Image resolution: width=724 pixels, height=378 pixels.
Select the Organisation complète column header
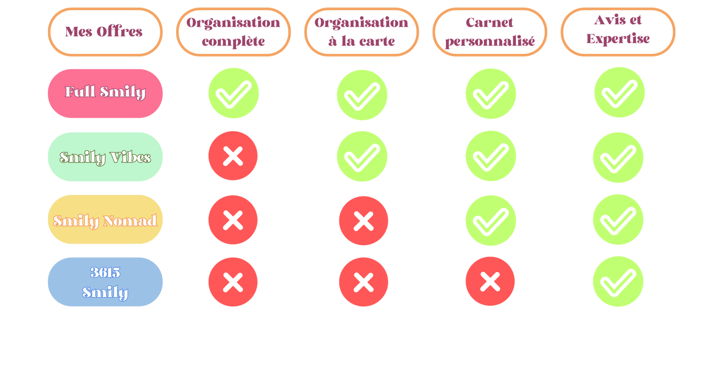tap(233, 32)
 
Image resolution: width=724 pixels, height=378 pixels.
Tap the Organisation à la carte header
tap(361, 32)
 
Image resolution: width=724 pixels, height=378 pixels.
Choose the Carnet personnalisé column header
tap(490, 32)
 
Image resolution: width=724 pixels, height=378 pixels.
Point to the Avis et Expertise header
tap(618, 31)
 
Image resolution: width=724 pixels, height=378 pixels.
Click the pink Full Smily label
tap(105, 93)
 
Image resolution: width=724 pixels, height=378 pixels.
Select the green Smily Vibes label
tap(105, 157)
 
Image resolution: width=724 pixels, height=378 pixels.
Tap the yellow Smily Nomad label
tap(105, 219)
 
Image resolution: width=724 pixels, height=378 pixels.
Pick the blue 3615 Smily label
tap(105, 282)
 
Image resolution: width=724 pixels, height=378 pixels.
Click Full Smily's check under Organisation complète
tap(233, 93)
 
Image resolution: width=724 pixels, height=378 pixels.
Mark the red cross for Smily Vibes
tap(233, 156)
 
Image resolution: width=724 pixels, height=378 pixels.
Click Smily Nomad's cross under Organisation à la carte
tap(363, 220)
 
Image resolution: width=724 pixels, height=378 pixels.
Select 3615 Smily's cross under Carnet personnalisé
tap(490, 281)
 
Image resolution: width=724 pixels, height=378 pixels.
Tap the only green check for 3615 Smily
tap(618, 281)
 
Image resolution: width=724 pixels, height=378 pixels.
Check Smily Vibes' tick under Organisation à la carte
tap(362, 157)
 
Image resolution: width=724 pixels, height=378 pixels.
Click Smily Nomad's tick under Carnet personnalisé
tap(490, 220)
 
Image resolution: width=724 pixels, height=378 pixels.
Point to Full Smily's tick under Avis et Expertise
tap(619, 93)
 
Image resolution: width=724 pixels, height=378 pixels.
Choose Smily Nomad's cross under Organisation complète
tap(233, 220)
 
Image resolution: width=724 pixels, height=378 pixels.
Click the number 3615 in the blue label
tap(105, 272)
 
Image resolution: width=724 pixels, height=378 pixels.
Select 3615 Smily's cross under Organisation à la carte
tap(363, 282)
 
